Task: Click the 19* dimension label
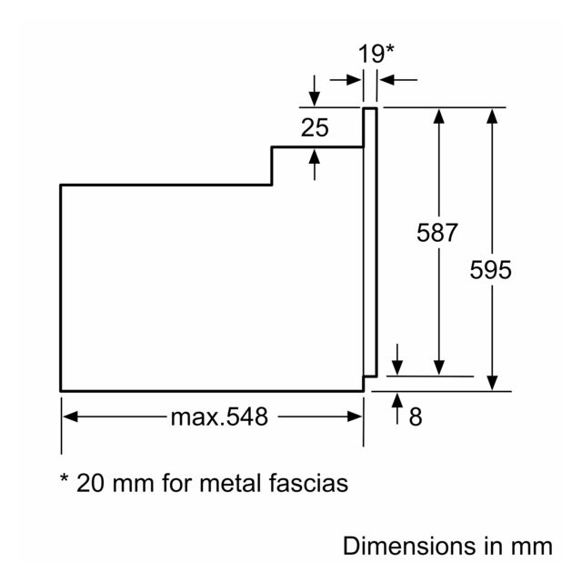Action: click(x=376, y=54)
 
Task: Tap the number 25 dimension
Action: click(x=315, y=127)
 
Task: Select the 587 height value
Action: click(x=437, y=233)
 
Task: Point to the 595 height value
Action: click(x=491, y=270)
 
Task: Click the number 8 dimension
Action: click(x=416, y=416)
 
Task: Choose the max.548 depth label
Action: click(x=219, y=416)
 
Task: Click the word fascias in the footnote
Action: click(x=309, y=483)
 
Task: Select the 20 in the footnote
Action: click(x=90, y=483)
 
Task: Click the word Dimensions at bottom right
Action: click(x=409, y=546)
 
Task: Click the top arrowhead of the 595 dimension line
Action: click(x=492, y=115)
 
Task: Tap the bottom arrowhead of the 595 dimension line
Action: click(x=492, y=383)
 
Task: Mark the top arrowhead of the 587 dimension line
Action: click(x=439, y=115)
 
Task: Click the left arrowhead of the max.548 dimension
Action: click(x=70, y=416)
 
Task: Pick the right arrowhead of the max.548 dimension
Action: click(x=355, y=416)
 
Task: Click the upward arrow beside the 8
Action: click(x=397, y=408)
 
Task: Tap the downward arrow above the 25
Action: click(x=315, y=91)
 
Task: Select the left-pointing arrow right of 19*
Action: click(x=398, y=80)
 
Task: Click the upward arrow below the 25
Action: click(x=315, y=165)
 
